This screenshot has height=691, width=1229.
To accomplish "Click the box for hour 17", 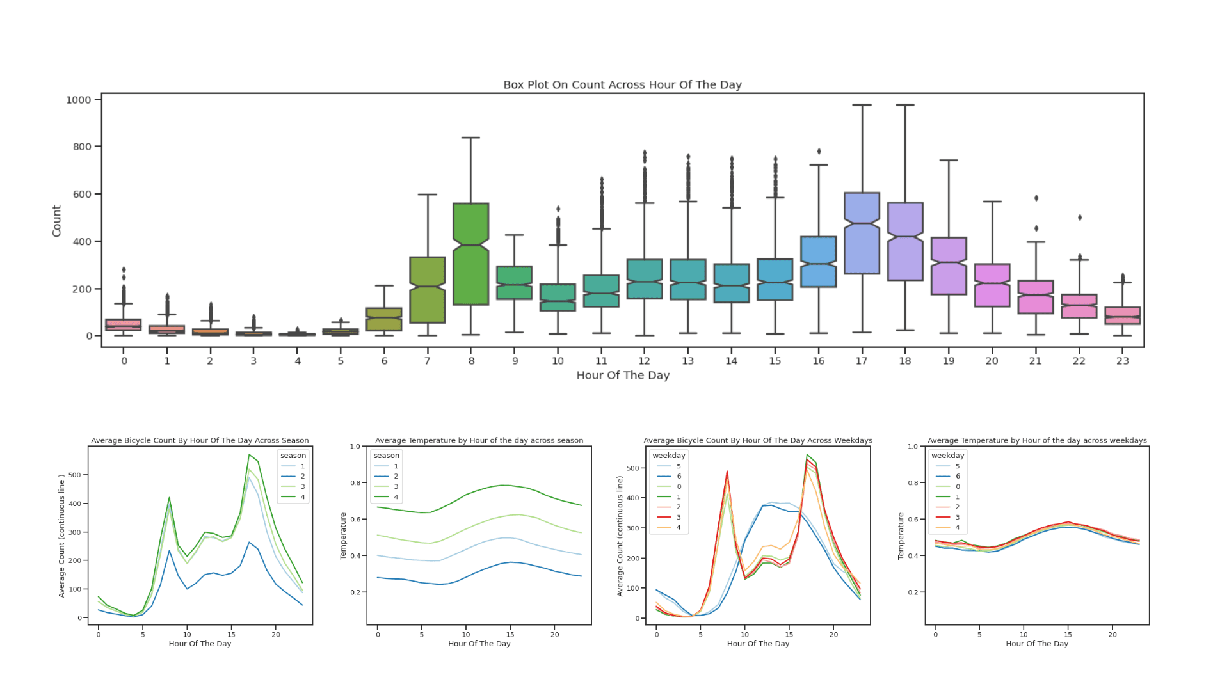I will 862,234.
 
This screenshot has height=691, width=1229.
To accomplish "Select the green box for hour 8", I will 470,254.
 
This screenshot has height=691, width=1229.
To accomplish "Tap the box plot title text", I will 622,84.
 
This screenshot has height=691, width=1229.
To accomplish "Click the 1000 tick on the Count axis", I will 79,100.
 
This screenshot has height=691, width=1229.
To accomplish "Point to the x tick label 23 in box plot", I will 1122,361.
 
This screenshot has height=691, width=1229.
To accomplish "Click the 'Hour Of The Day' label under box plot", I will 622,376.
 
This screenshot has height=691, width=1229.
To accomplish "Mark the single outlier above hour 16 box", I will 819,152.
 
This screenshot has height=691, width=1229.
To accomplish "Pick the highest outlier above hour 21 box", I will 1036,198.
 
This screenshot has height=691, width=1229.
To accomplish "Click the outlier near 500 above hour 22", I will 1079,218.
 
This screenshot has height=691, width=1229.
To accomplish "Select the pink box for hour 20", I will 992,285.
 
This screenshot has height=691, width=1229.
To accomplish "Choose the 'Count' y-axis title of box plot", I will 56,221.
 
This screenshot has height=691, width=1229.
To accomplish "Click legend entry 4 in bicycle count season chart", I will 302,497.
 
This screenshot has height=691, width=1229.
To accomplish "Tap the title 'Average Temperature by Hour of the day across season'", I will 479,440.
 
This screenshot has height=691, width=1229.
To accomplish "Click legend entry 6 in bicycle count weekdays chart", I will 679,476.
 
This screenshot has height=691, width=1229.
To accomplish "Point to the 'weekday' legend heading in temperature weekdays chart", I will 947,456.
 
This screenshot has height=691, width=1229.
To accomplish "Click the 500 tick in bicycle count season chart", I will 74,475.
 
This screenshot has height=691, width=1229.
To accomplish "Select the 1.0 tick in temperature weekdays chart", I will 913,447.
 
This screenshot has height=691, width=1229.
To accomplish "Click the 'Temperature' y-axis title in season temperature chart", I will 343,536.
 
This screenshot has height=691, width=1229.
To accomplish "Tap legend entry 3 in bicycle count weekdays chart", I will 679,517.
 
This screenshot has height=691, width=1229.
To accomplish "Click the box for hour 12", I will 645,279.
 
